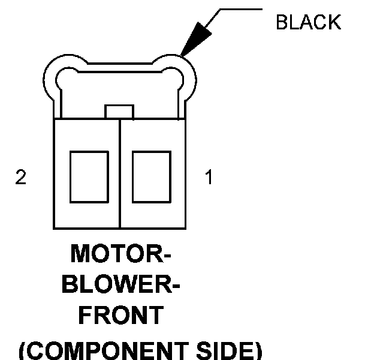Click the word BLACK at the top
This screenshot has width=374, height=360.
(308, 22)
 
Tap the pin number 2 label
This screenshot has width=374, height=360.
(21, 178)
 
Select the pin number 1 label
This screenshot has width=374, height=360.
(209, 178)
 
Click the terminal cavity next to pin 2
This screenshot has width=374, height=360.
(88, 177)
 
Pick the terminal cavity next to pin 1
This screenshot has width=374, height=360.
(151, 177)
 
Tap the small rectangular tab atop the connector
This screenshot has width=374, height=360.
(119, 112)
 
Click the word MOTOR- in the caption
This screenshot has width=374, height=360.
(120, 254)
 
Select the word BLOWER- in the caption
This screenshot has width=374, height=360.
(120, 284)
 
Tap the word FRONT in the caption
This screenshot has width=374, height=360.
(120, 315)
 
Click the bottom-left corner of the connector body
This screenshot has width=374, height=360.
(54, 229)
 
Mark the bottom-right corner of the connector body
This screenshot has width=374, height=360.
(185, 229)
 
